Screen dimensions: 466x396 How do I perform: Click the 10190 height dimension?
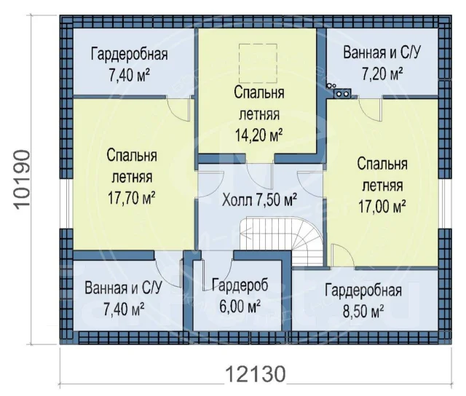[x=22, y=180]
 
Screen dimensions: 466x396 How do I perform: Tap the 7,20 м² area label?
[x=382, y=74]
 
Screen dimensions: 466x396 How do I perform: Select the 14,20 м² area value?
[x=258, y=135]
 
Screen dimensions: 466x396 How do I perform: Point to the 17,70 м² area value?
[x=131, y=198]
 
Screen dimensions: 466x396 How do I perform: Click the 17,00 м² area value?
[x=382, y=206]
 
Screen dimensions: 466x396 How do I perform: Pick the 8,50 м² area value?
[x=363, y=312]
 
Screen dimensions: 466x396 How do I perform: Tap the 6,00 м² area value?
[x=240, y=306]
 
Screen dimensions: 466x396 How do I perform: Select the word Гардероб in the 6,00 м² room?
[x=240, y=285]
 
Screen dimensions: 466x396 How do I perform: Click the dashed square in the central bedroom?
[x=258, y=63]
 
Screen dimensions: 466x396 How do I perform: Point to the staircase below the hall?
[x=282, y=241]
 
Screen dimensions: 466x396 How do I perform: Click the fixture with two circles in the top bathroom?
[x=342, y=93]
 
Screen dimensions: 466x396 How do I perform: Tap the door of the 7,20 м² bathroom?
[x=371, y=108]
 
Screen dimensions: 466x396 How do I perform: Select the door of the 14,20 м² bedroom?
[x=259, y=176]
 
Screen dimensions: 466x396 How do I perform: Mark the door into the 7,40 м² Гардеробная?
[x=178, y=108]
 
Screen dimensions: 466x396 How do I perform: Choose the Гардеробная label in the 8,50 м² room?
[x=363, y=290]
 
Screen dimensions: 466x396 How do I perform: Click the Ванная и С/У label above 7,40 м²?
[x=123, y=288]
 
